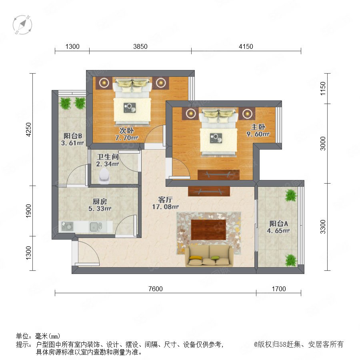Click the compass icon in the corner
click(22, 24)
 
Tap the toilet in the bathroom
click(104, 176)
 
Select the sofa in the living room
click(209, 256)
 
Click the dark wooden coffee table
click(208, 230)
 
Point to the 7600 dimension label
click(156, 289)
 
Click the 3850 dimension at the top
click(140, 47)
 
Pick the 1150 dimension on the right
click(323, 88)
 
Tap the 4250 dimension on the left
click(28, 130)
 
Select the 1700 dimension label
click(279, 289)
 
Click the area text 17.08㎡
click(165, 207)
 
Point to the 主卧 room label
click(258, 127)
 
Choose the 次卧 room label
click(126, 130)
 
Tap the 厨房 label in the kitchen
click(100, 201)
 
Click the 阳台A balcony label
click(278, 223)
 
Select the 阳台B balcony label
click(73, 136)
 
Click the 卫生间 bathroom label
click(108, 157)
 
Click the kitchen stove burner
click(67, 226)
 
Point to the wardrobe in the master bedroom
click(218, 175)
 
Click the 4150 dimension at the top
click(246, 47)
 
